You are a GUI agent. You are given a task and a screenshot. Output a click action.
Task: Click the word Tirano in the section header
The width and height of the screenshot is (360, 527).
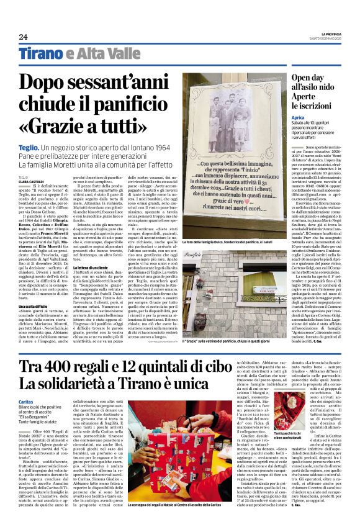(40, 53)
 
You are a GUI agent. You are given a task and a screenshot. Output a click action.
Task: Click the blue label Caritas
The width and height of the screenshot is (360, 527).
(25, 402)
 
